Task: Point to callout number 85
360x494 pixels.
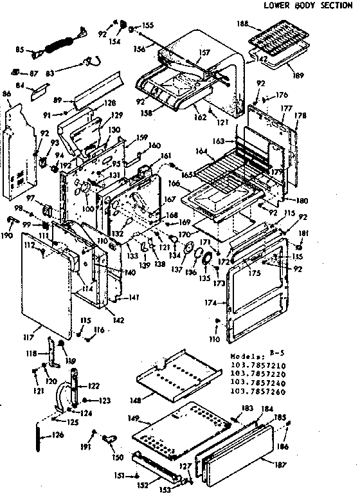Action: point(19,50)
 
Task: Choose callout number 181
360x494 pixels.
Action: point(303,233)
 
